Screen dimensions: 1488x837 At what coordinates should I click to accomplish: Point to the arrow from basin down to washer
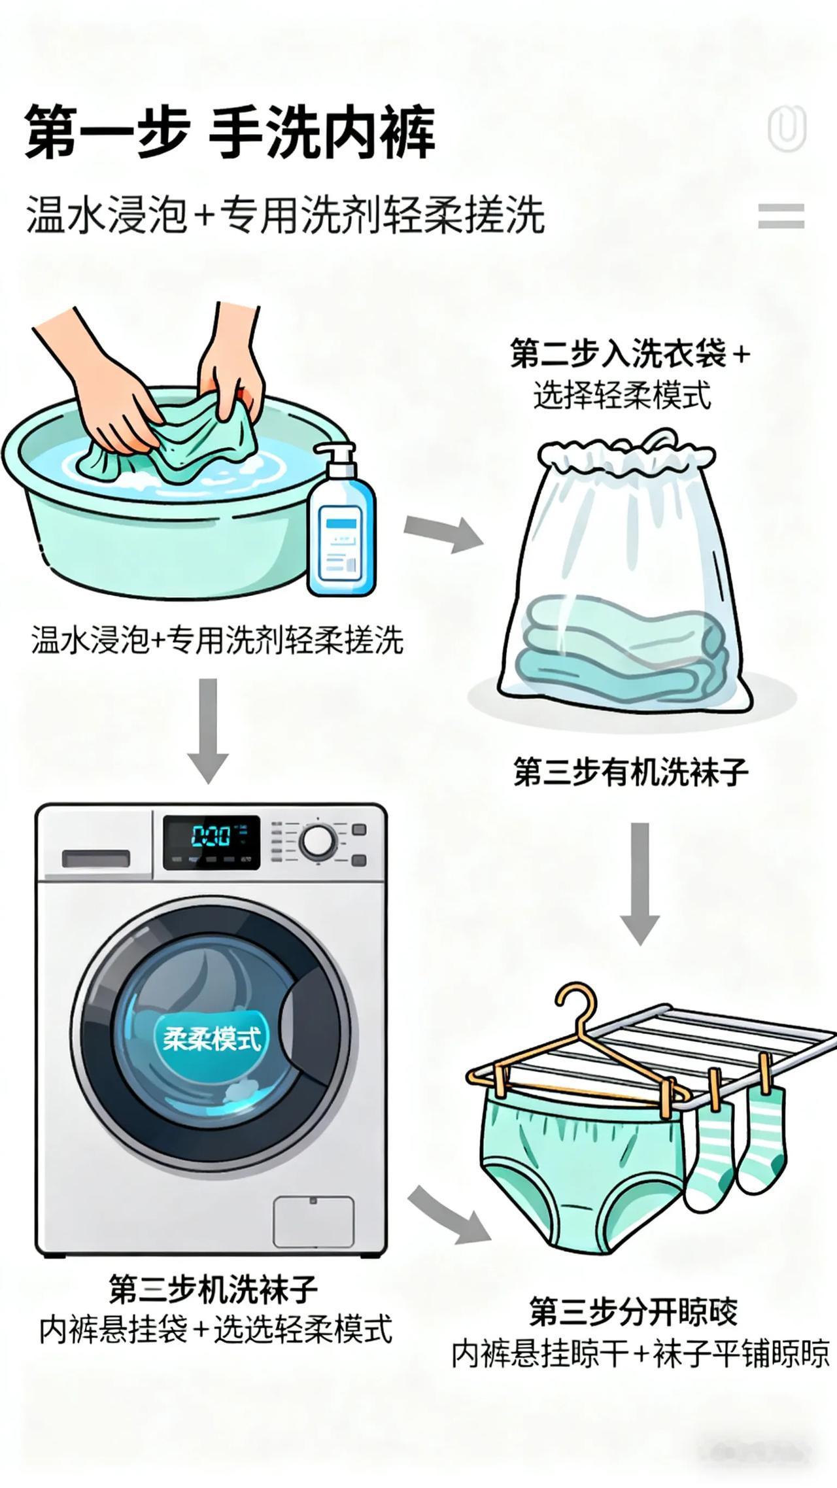point(208,729)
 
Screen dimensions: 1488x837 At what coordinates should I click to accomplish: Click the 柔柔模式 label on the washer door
point(212,1038)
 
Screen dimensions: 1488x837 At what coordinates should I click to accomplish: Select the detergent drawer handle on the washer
point(95,859)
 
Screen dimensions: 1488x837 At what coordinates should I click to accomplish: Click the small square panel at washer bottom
point(313,1222)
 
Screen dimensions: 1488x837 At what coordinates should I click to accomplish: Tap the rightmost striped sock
point(762,1138)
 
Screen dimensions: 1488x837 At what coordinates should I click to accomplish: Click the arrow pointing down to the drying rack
point(639,883)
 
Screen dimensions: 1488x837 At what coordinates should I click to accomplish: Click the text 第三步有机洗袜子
point(630,772)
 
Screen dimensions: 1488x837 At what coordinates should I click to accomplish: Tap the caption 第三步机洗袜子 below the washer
point(213,1289)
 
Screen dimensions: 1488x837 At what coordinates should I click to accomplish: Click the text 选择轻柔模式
point(621,396)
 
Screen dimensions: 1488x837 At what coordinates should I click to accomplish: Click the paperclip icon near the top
point(787,129)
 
